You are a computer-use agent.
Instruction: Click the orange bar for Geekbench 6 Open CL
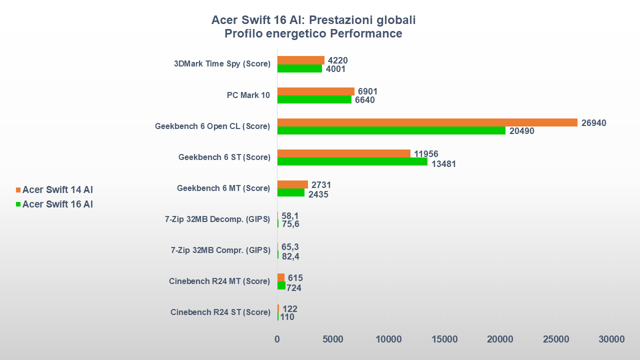click(x=427, y=122)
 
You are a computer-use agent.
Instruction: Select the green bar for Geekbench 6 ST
click(x=352, y=161)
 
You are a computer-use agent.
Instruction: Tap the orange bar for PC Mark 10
click(x=315, y=91)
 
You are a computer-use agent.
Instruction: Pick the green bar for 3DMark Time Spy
click(x=299, y=68)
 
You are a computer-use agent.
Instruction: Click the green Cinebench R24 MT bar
click(x=281, y=285)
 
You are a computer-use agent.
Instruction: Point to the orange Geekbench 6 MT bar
click(x=292, y=184)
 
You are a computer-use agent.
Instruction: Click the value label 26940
click(x=593, y=123)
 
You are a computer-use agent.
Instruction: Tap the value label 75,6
click(x=290, y=224)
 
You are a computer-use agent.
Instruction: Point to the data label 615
click(x=295, y=278)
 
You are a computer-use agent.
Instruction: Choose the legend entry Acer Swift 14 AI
click(x=57, y=190)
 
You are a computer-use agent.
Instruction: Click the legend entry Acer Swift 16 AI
click(x=57, y=204)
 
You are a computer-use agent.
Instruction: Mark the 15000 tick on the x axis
click(x=444, y=339)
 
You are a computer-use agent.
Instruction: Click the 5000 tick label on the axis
click(x=333, y=339)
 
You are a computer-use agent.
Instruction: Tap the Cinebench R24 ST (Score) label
click(x=220, y=312)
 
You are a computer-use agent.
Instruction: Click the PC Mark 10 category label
click(x=248, y=95)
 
